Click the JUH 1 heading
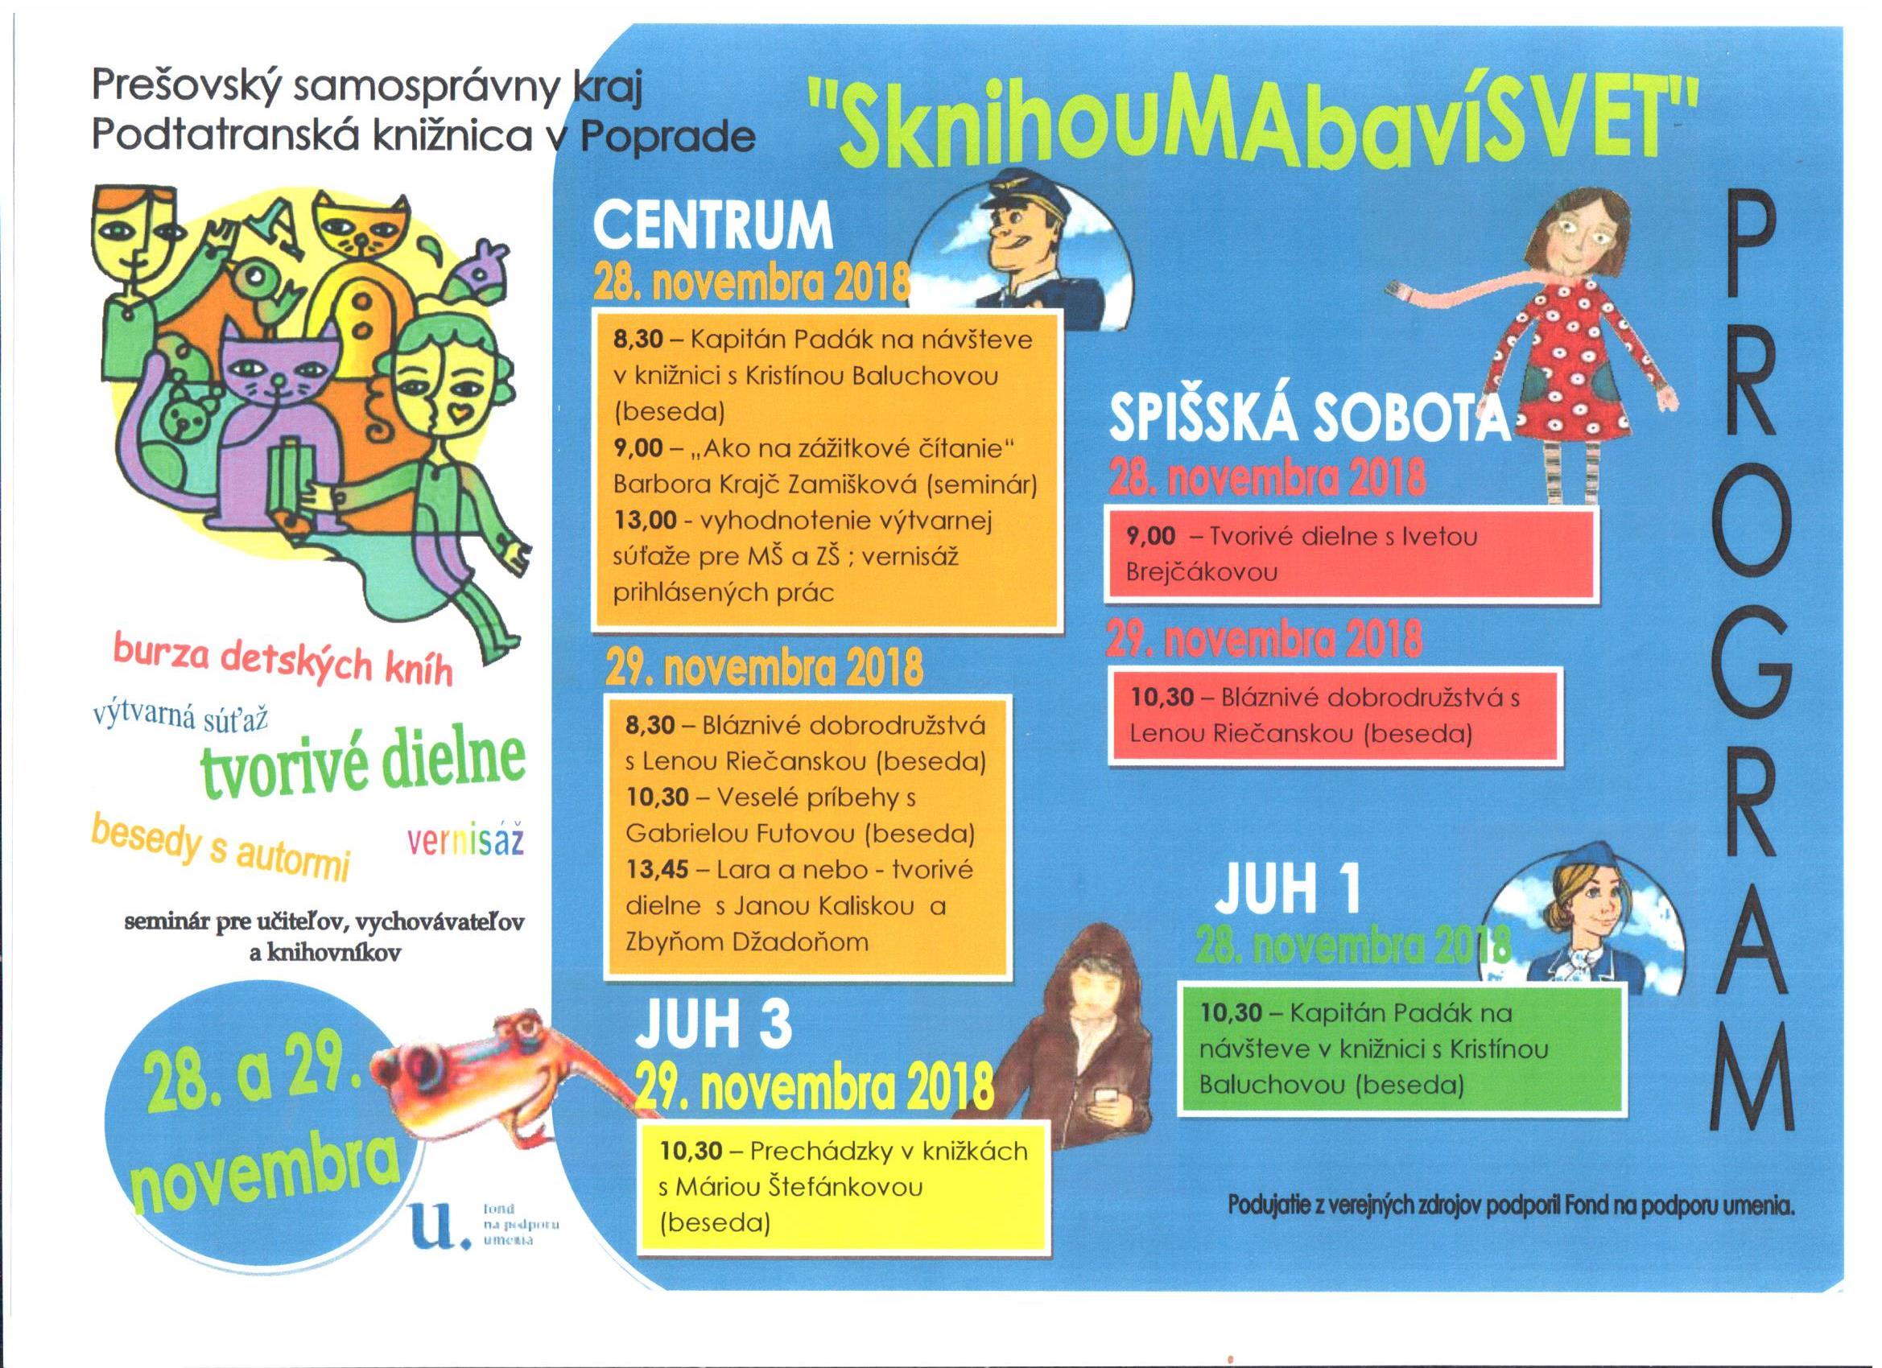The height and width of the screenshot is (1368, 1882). click(1288, 888)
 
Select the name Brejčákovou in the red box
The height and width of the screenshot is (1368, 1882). click(1202, 571)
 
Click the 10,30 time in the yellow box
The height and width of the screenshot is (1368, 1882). click(691, 1152)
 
